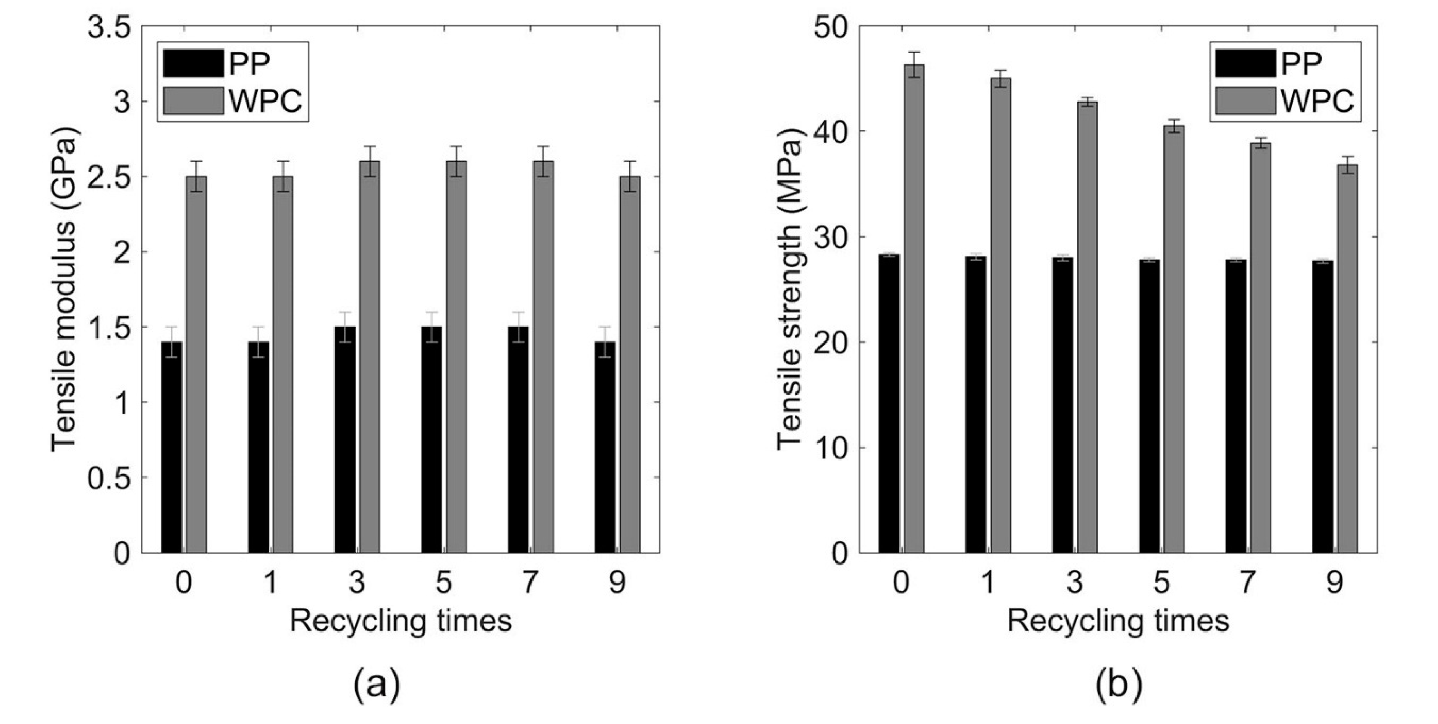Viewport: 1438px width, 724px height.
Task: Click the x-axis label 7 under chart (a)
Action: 530,583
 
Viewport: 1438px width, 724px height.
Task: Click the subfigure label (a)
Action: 377,686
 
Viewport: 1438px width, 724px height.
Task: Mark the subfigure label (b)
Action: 1119,686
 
